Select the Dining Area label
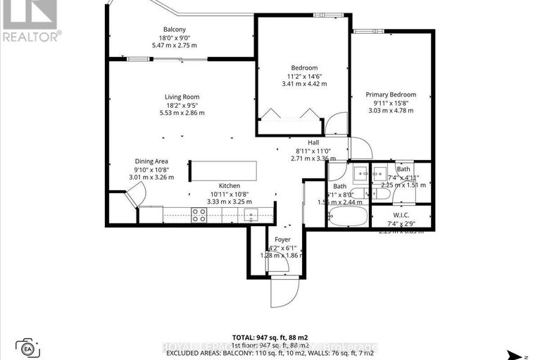pyautogui.click(x=151, y=161)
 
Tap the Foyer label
pyautogui.click(x=282, y=240)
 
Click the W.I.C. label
pyautogui.click(x=401, y=215)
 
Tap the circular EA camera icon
pyautogui.click(x=28, y=347)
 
